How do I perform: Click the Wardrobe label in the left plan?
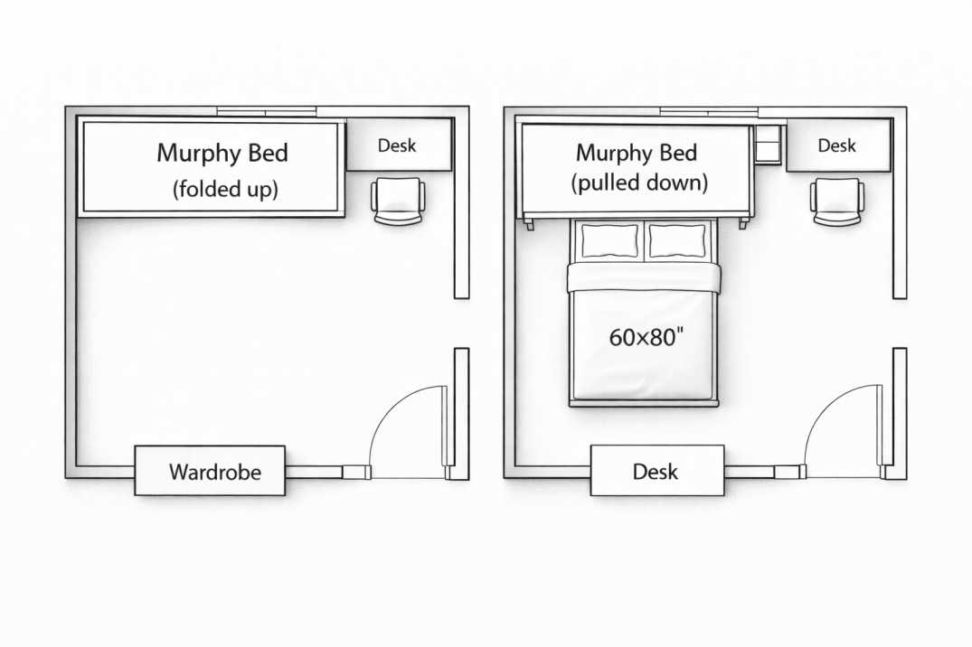point(214,472)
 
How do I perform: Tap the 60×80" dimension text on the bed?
point(646,337)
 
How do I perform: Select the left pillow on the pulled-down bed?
point(609,241)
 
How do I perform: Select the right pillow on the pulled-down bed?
point(676,241)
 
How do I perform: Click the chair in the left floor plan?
point(397,201)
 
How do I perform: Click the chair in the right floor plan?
point(836,201)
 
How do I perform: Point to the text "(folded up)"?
point(224,190)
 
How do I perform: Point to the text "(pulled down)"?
point(638,183)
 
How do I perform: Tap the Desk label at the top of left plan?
point(397,145)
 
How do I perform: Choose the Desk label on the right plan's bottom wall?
point(656,472)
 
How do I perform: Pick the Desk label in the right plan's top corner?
point(836,145)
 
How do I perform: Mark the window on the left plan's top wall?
point(266,112)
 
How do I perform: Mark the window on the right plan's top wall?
point(708,112)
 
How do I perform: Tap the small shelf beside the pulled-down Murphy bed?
point(768,145)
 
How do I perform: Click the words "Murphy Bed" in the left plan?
point(222,153)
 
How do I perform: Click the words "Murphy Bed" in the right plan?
point(637,152)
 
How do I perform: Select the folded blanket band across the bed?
point(644,277)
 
